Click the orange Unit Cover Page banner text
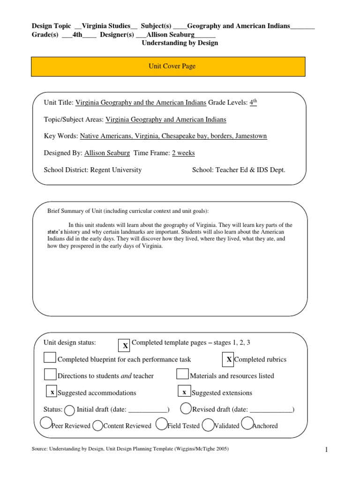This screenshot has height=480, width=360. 168,67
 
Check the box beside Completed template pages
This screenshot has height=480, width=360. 125,345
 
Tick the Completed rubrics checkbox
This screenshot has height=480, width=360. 228,359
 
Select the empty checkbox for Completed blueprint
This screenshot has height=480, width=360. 50,358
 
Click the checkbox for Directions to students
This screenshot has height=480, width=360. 50,374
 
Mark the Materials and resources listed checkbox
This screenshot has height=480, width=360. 182,374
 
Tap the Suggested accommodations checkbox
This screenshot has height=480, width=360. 52,392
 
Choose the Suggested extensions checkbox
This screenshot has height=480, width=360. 184,392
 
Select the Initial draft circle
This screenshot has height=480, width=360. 69,410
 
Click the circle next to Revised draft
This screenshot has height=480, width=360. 186,409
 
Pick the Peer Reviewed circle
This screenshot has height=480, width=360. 46,423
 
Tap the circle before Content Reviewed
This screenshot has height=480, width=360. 97,426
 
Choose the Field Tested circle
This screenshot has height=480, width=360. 161,424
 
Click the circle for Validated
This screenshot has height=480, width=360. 208,425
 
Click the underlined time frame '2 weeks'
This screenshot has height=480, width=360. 183,153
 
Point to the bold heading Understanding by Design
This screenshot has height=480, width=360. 180,43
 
